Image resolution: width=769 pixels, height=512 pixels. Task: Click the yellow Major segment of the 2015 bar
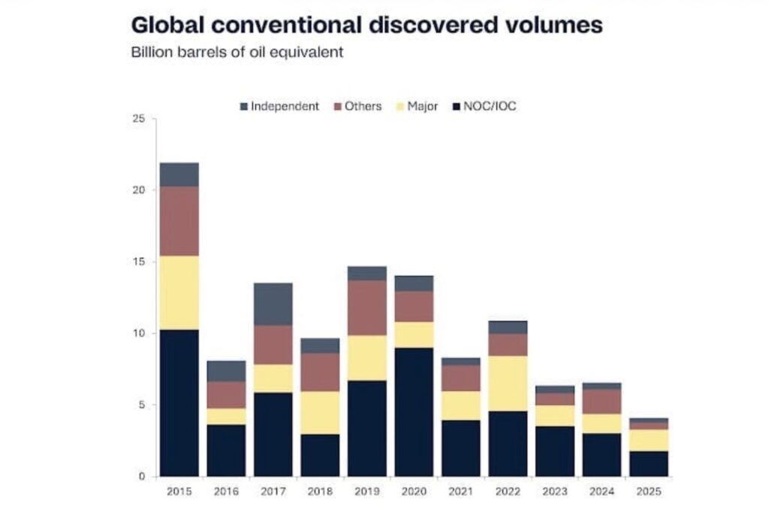tap(179, 293)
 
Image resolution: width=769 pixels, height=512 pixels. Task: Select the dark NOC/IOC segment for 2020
tap(414, 411)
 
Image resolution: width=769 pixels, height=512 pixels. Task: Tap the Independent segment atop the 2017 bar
tap(273, 304)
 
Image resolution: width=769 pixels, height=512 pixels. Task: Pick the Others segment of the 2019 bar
tap(366, 308)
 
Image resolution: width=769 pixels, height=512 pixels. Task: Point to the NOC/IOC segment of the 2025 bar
tap(648, 463)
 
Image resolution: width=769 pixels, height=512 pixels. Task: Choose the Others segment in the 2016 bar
tap(225, 395)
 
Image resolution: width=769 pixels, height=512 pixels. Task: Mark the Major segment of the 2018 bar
tap(320, 412)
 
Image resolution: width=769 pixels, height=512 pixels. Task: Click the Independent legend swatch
tap(243, 107)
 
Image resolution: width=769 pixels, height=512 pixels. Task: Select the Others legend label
tap(363, 107)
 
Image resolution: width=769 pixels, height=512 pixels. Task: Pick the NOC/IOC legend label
tap(490, 107)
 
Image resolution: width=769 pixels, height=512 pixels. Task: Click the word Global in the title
tap(168, 25)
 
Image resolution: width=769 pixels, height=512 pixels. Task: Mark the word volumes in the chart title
tap(553, 25)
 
